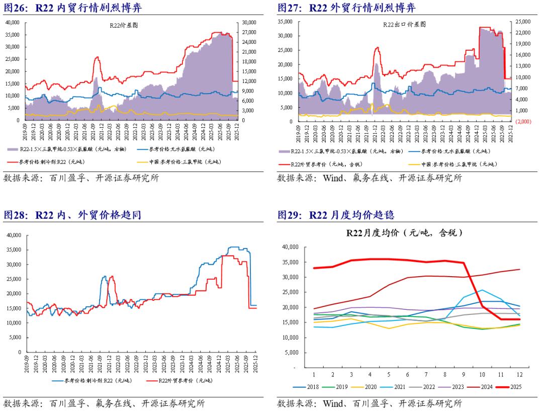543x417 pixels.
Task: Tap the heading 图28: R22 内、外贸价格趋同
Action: pos(72,215)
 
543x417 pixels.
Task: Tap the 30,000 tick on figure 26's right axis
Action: pos(249,22)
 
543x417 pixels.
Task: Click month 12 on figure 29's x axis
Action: pos(519,375)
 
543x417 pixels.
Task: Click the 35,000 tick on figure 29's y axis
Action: pos(291,262)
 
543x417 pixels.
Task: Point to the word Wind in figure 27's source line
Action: pos(332,178)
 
